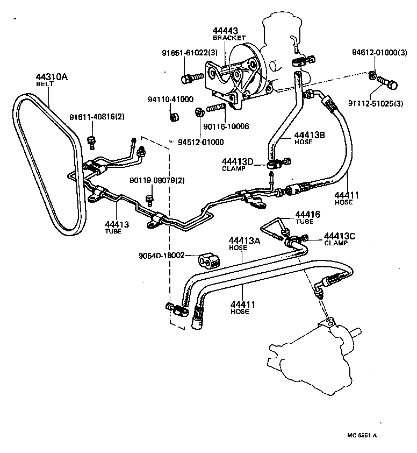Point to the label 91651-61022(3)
189,53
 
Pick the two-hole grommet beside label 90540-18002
208,259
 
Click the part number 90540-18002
162,256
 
